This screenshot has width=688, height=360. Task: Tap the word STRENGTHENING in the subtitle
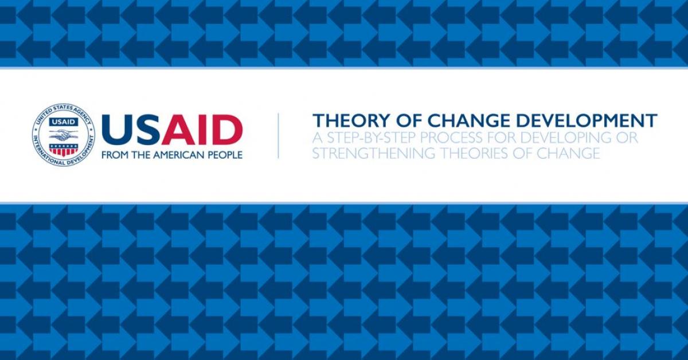tap(373, 153)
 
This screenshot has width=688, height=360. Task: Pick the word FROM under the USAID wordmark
tap(113, 155)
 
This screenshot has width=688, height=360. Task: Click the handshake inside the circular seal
tap(64, 134)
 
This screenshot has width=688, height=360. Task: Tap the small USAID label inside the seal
tap(64, 122)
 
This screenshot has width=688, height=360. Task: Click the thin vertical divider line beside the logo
tap(278, 136)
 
